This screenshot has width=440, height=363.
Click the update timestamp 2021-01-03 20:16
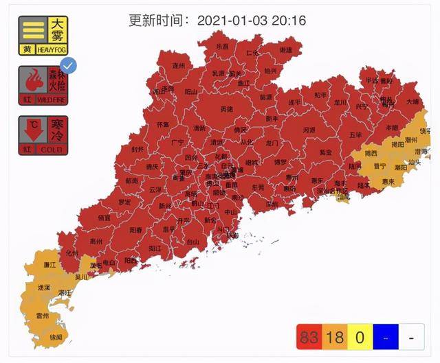click(x=251, y=20)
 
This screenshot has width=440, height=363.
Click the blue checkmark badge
click(x=68, y=66)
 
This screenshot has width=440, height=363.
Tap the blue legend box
click(x=384, y=338)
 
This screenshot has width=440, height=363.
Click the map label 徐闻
click(x=54, y=337)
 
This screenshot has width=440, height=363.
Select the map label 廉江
click(x=48, y=264)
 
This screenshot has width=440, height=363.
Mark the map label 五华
click(x=355, y=134)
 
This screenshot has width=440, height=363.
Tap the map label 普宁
click(x=379, y=165)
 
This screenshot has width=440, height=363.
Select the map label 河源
click(x=309, y=129)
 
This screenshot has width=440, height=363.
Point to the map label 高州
click(x=96, y=241)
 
